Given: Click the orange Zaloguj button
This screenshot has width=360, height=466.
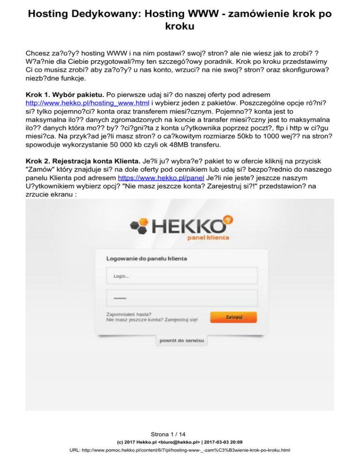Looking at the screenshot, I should tap(233, 317).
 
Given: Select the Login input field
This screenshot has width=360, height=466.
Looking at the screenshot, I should tap(182, 277).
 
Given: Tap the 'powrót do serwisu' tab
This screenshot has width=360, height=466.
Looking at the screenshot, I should tap(181, 340).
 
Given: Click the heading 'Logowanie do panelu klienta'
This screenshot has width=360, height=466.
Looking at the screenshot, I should tap(147, 258).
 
